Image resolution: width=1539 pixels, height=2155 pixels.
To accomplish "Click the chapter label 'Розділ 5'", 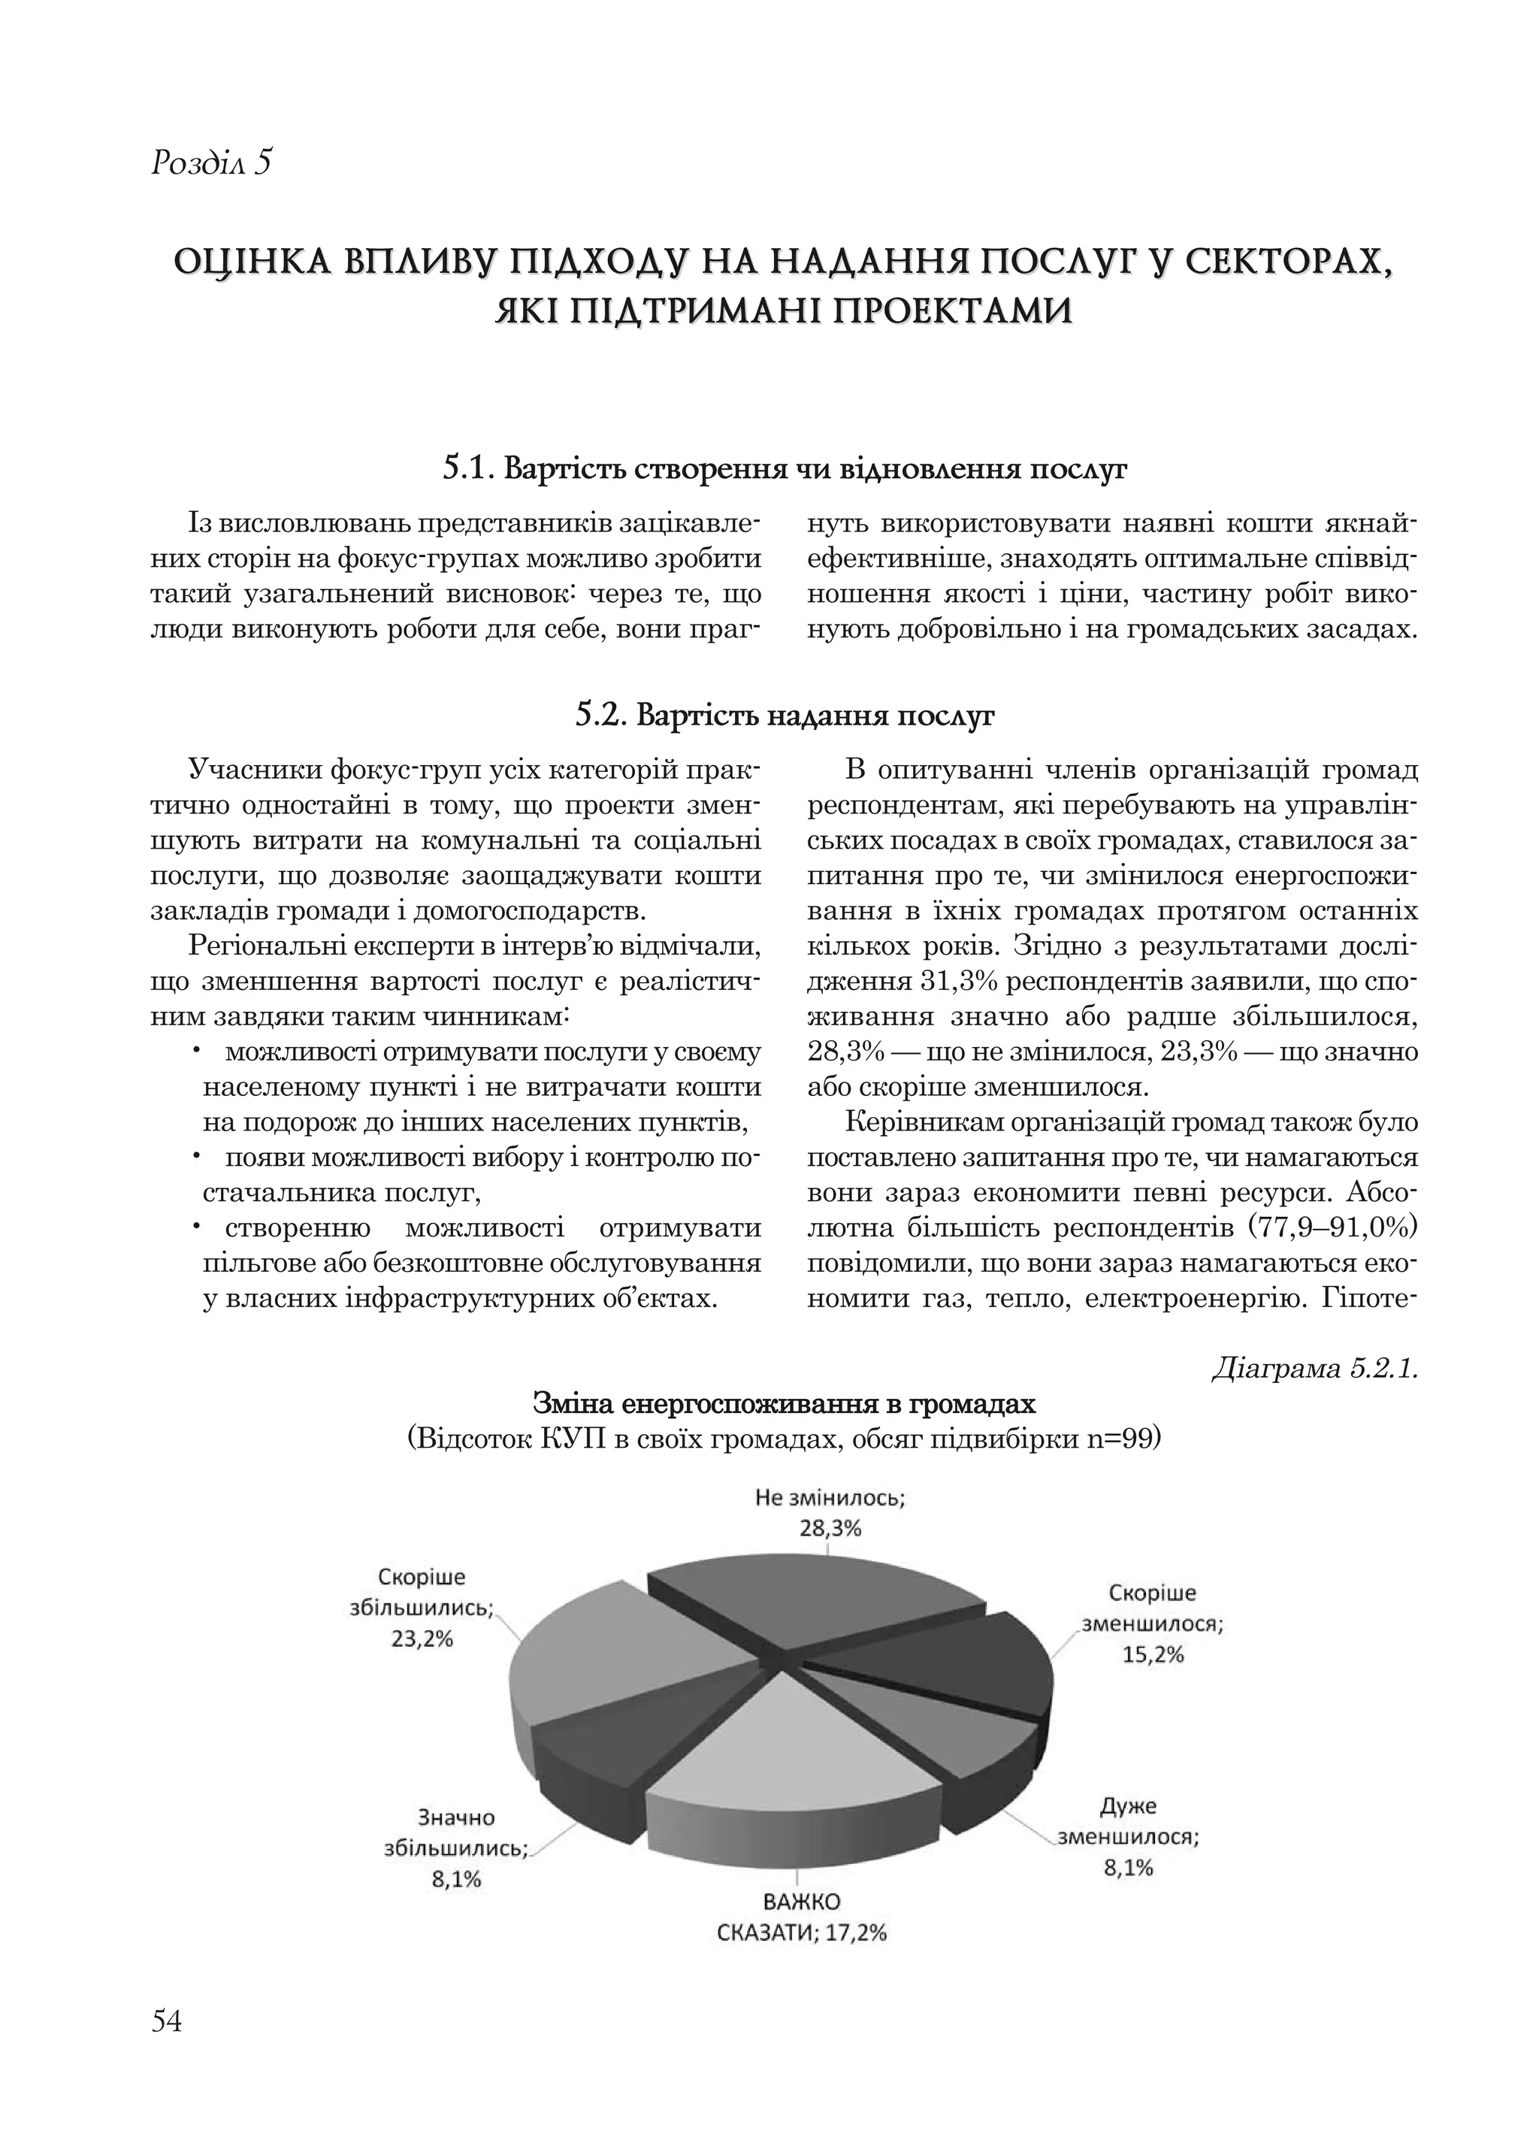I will click(x=211, y=163).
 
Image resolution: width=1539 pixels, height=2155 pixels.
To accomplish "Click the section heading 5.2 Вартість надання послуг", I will click(x=785, y=716).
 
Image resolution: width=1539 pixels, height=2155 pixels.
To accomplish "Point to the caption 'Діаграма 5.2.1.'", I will click(x=1314, y=1370).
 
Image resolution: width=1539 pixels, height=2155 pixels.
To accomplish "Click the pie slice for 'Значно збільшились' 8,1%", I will click(x=588, y=1763).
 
